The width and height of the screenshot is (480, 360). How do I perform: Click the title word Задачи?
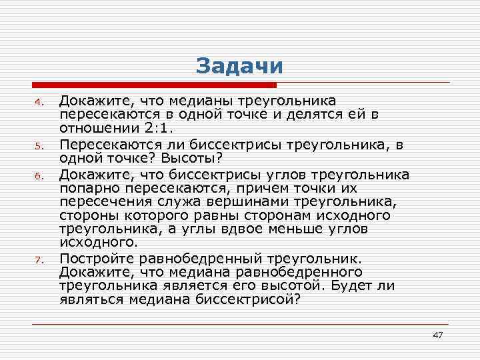[x=239, y=66]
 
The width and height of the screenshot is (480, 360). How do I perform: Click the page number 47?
[x=437, y=334]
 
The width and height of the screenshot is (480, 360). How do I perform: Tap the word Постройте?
[x=94, y=259]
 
